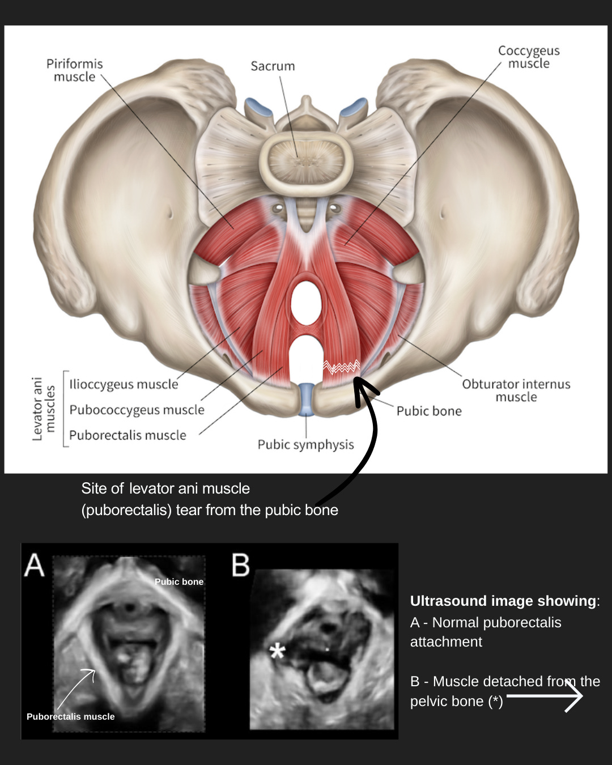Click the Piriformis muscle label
[74, 70]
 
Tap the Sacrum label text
[273, 66]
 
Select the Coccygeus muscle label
[529, 57]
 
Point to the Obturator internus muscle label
[516, 390]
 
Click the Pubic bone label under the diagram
[429, 411]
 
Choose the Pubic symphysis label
[305, 444]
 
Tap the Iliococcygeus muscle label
[124, 384]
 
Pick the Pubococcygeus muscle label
[137, 410]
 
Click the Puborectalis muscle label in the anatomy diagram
[127, 435]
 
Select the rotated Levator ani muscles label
[43, 408]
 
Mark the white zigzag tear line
[341, 367]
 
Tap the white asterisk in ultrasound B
[277, 651]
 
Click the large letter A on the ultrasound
[35, 565]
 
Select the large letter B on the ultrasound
[240, 565]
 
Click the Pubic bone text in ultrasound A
[178, 581]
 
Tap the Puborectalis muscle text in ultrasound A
[70, 716]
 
